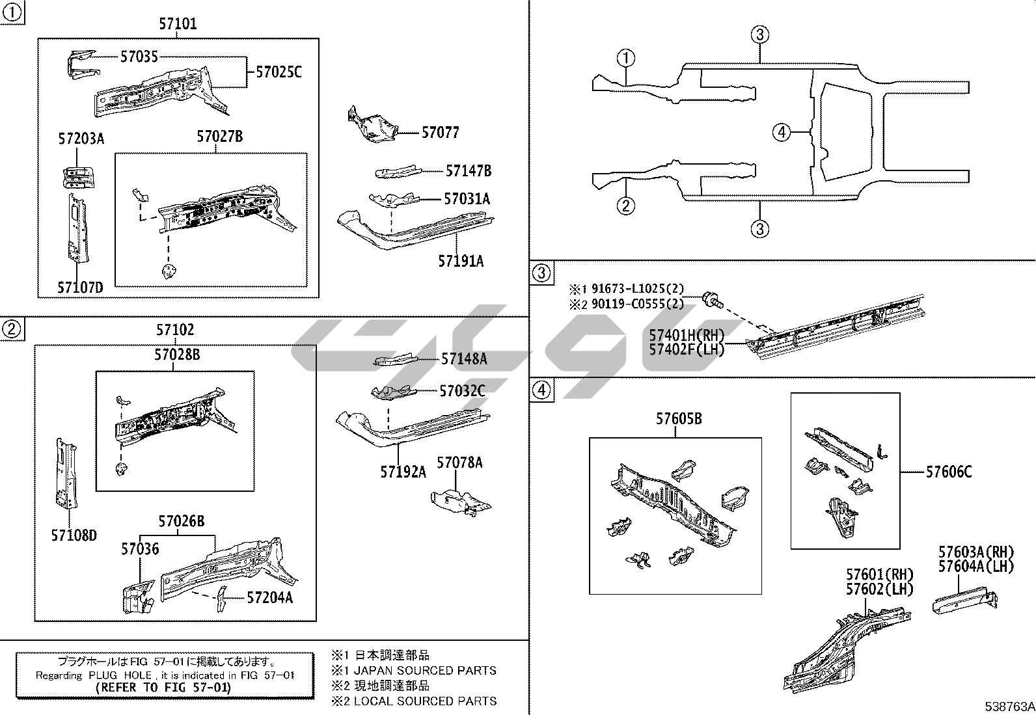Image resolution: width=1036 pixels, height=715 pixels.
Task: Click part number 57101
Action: [178, 24]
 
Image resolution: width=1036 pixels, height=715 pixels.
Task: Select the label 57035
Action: [139, 57]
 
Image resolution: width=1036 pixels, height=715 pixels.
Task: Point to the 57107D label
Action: [80, 286]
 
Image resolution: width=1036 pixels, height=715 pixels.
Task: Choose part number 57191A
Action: [461, 261]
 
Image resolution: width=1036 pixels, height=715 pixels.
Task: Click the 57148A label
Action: [464, 358]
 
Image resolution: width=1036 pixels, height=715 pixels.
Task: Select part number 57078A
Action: [459, 463]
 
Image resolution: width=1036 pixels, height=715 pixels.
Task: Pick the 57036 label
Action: [139, 549]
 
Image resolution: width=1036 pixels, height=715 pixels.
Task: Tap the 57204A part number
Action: [269, 597]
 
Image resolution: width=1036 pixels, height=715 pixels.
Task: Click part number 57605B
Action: [679, 419]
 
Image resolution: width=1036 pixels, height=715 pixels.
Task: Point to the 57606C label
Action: [949, 472]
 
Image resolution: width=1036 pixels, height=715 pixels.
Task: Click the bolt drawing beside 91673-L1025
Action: [713, 301]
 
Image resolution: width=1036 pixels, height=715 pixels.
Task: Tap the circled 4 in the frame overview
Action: [781, 133]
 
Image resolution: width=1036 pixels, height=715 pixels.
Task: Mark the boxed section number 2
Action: [12, 330]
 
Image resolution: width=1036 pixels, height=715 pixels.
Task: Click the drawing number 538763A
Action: [1009, 707]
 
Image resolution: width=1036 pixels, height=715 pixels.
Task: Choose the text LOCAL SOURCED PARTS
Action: [425, 701]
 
